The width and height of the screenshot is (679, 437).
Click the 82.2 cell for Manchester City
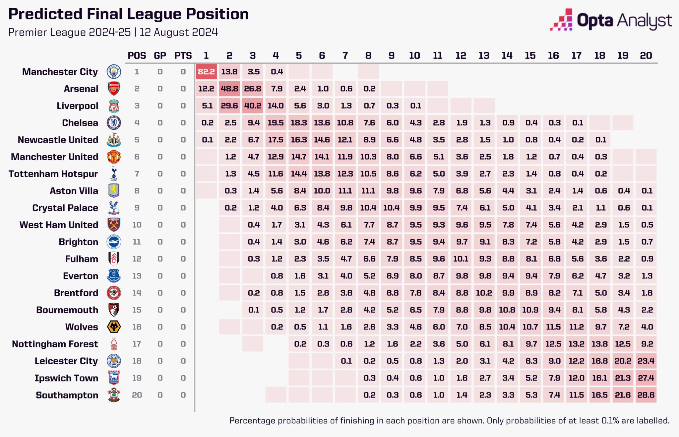coord(206,72)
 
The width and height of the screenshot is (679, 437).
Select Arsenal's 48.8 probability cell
coord(229,89)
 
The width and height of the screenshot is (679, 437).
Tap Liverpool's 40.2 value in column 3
coord(253,106)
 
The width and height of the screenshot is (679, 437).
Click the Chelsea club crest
coord(114,123)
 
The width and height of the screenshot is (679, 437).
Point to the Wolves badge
coord(114,327)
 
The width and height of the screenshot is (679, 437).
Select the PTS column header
coord(183,55)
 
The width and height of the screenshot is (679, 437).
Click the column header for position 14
coord(507,55)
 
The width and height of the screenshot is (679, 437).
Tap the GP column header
coord(160,55)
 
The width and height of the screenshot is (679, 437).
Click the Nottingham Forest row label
coord(55,344)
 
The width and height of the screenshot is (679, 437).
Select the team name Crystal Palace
coord(65,208)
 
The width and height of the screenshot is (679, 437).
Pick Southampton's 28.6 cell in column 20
coord(646,395)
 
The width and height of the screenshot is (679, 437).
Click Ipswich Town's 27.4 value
coord(646,378)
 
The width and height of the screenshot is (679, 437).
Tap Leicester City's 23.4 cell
coord(646,361)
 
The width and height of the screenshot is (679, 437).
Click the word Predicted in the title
coord(45,14)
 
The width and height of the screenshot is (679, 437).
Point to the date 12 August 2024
coord(179,32)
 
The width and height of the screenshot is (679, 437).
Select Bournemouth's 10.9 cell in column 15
coord(530,310)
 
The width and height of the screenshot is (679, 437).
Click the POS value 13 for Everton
coord(137,276)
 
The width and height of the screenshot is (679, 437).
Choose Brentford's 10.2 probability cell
coord(484,293)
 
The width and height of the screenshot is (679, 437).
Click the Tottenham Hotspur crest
coord(114,174)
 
